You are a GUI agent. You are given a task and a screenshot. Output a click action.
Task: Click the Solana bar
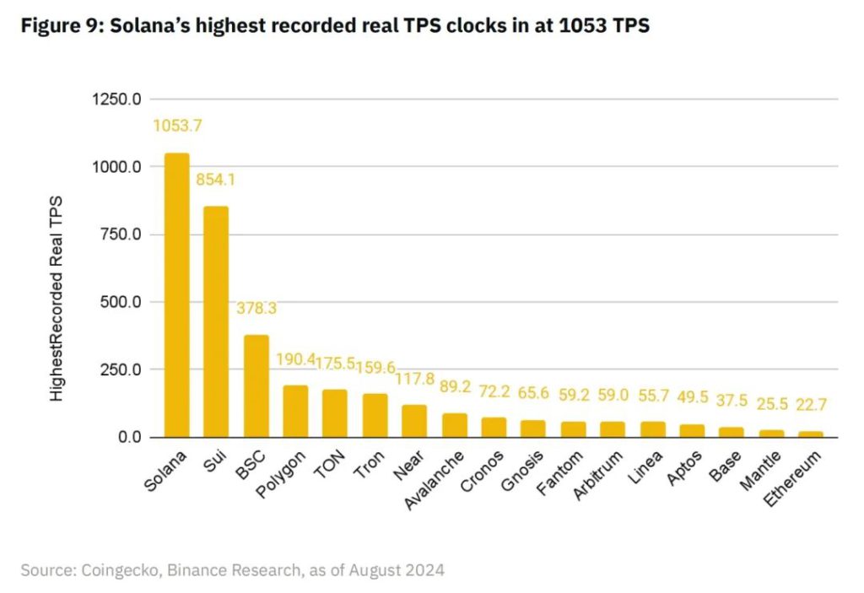[x=176, y=295]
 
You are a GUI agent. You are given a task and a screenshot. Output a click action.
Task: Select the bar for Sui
[x=216, y=321]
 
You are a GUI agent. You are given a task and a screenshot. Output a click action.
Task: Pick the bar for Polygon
[x=295, y=411]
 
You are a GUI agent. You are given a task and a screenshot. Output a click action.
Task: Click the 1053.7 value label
[x=177, y=126]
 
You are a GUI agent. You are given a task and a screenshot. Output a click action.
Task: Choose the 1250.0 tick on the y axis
[x=116, y=100]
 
